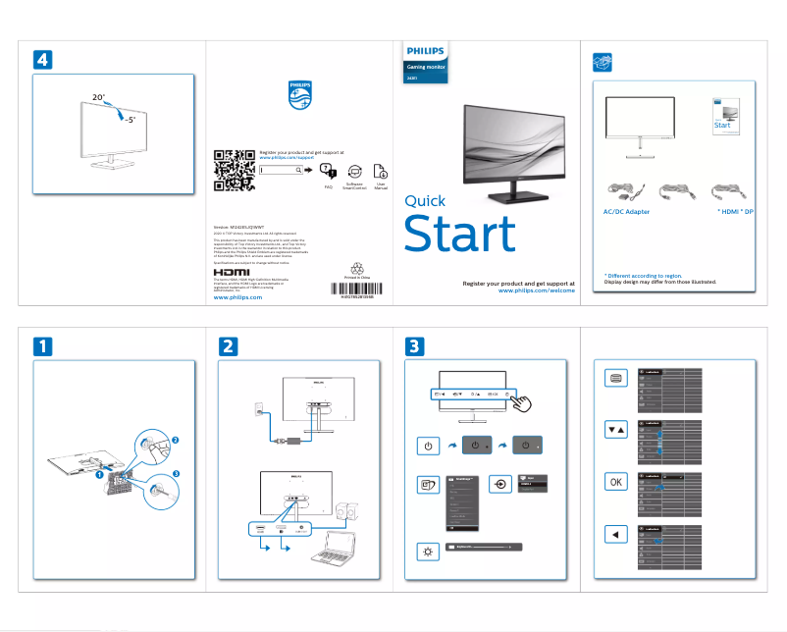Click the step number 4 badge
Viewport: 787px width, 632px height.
click(41, 59)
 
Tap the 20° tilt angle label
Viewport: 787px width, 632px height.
click(99, 98)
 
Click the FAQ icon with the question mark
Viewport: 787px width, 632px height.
click(329, 170)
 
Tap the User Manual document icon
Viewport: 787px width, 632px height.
click(381, 169)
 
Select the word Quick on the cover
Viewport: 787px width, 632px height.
click(424, 201)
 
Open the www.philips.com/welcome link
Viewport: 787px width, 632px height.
click(536, 291)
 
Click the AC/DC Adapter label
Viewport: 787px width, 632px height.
click(625, 212)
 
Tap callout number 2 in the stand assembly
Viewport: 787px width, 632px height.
click(176, 438)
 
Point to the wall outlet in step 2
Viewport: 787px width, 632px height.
click(258, 404)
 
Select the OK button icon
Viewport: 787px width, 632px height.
click(614, 482)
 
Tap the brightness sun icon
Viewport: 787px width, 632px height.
click(427, 552)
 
